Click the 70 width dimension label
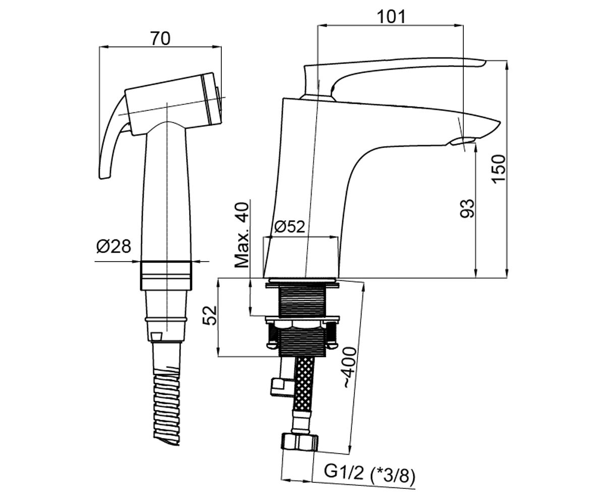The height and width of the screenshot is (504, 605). coord(160,38)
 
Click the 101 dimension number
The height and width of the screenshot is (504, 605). coord(391,17)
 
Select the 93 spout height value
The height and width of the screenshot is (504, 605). coord(467,208)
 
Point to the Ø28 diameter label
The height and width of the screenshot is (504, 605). coord(113,246)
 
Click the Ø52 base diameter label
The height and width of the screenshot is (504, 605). coord(289,226)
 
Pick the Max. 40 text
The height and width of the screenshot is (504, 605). coord(241,235)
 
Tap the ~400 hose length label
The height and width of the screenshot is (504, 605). coord(350,367)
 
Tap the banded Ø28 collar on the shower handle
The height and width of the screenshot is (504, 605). coord(166,276)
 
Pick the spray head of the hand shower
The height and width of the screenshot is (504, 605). coord(174,104)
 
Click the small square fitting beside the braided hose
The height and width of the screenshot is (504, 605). coord(278,386)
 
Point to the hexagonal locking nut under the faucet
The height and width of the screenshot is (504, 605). coord(302,324)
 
